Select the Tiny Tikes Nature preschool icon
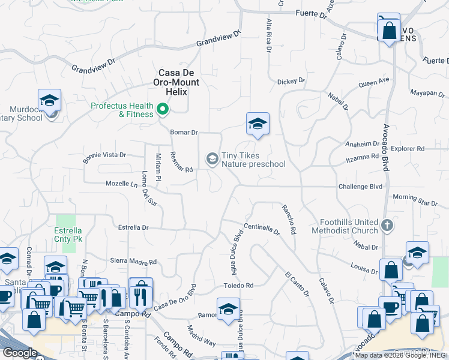pos(211,158)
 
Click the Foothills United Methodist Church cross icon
pos(387,226)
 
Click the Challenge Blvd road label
pos(360,187)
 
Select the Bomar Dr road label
pos(184,132)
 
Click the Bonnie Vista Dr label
pos(104,155)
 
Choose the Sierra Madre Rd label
pos(133,262)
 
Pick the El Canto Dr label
pos(297,285)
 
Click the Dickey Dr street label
pos(291,81)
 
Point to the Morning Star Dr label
pos(415,200)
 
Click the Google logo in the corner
pos(19,353)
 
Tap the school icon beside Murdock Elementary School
pos(49,101)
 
